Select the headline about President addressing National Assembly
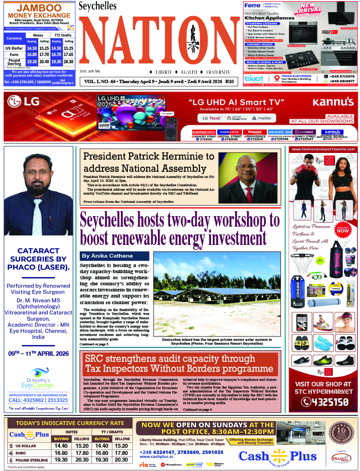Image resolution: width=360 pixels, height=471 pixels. pyautogui.click(x=148, y=162)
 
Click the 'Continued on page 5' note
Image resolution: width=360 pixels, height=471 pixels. pyautogui.click(x=97, y=344)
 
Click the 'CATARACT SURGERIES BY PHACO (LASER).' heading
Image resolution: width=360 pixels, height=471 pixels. pyautogui.click(x=38, y=267)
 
